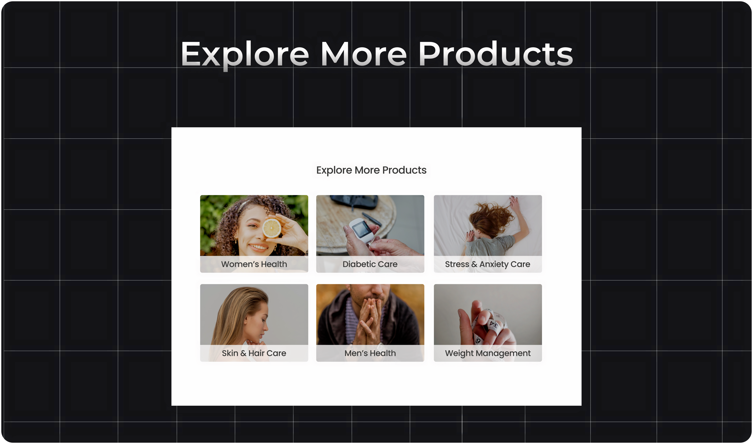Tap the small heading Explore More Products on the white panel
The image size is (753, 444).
[371, 170]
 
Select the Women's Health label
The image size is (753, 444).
[254, 264]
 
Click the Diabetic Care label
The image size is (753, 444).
[370, 264]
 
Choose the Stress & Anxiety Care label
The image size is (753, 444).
[488, 264]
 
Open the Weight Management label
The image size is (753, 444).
[488, 353]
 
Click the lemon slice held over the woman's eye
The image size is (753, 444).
[272, 228]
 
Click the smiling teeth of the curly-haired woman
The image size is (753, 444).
[259, 247]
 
